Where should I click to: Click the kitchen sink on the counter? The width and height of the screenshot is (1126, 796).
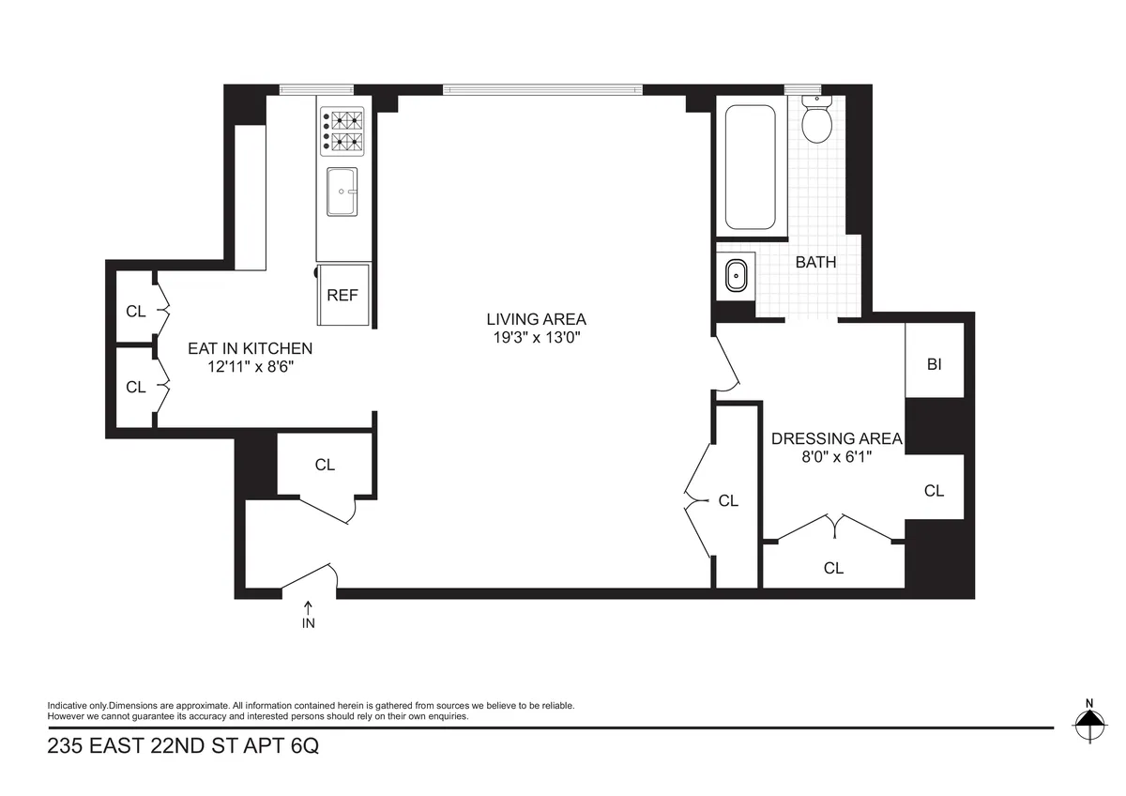tap(342, 191)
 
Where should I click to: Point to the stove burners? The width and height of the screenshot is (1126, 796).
tap(342, 132)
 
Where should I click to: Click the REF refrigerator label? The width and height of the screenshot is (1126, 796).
tap(342, 295)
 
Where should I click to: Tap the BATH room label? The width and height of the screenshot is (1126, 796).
tap(815, 263)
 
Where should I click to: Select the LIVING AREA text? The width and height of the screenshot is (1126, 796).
tap(536, 319)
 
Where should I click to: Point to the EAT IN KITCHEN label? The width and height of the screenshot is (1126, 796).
tap(250, 348)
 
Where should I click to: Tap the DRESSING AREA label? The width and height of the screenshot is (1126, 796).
tap(836, 438)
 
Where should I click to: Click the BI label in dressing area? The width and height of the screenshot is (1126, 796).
tap(934, 365)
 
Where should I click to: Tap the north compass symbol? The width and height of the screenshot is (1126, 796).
tap(1088, 723)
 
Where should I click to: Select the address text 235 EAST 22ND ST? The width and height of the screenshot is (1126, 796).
tap(141, 747)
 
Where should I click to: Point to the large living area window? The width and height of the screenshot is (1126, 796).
tap(543, 90)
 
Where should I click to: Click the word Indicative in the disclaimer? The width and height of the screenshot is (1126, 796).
tap(67, 705)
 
